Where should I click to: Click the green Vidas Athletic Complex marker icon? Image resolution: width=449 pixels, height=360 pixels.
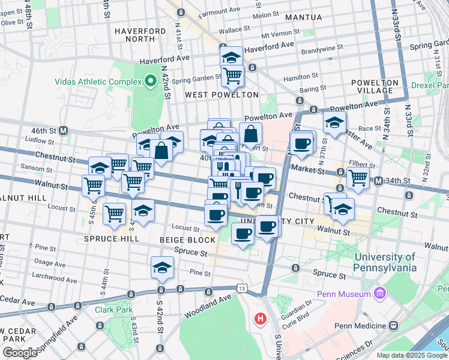click(149, 80)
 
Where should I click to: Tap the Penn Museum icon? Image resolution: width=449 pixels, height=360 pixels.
click(379, 294)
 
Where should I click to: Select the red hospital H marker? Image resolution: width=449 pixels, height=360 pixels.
click(260, 317)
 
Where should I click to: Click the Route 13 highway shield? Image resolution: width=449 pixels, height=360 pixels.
click(241, 289)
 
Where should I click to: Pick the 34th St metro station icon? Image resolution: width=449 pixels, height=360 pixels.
click(378, 181)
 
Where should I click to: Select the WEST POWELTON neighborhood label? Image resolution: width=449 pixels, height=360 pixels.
click(221, 95)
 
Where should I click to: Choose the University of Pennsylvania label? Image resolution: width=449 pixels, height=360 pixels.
click(385, 262)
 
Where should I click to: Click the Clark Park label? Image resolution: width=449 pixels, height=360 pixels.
click(108, 310)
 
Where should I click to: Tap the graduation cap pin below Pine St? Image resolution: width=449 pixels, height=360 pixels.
click(162, 268)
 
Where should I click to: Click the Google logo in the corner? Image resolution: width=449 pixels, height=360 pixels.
click(20, 353)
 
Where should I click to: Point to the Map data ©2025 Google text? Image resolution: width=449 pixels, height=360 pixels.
click(412, 355)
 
